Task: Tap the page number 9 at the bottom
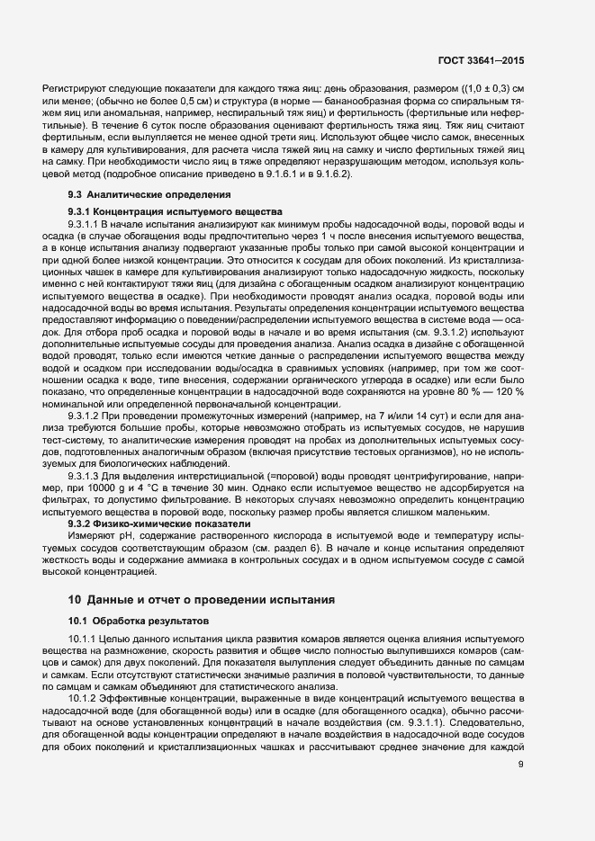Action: click(x=521, y=765)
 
